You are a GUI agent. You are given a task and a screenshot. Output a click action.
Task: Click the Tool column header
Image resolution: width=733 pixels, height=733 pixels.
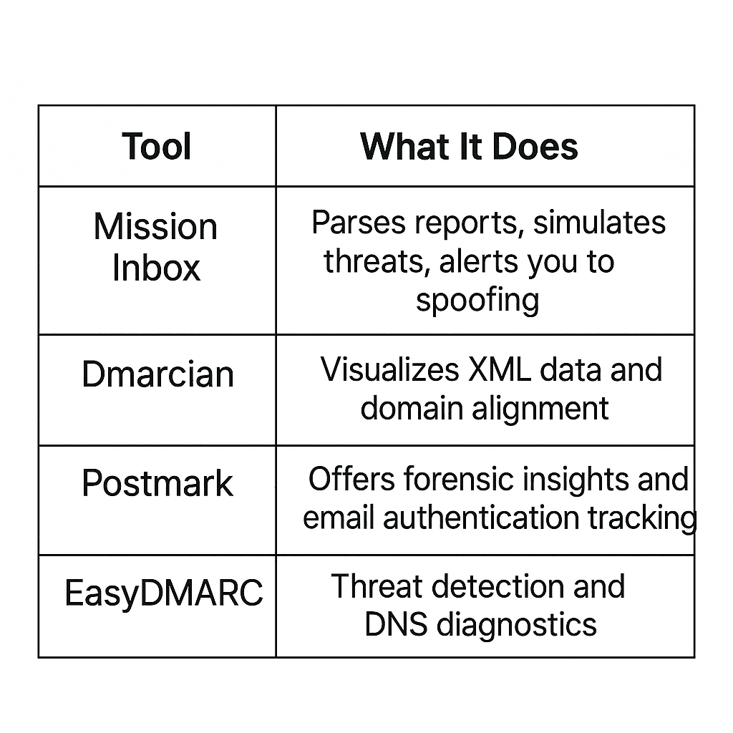tap(157, 146)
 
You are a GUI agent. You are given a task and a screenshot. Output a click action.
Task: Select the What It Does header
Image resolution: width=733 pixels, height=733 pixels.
tap(469, 146)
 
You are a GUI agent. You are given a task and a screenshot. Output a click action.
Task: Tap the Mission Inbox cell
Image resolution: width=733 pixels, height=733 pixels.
tap(155, 247)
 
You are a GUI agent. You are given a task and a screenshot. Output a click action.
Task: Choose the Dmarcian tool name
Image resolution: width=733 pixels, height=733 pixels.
tap(157, 374)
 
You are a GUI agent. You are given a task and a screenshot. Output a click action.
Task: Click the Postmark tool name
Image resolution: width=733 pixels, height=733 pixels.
tap(157, 483)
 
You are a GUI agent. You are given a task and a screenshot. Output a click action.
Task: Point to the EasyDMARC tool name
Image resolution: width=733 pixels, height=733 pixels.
tap(164, 593)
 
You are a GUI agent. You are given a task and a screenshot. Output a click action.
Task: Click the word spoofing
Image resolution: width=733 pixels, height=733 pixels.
tap(477, 301)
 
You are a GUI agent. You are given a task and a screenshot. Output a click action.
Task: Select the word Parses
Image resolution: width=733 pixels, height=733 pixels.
tap(359, 223)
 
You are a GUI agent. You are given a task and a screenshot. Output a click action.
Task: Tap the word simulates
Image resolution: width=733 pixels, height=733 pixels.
tap(599, 223)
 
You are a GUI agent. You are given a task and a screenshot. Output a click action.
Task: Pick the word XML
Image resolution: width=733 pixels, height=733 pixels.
tap(499, 369)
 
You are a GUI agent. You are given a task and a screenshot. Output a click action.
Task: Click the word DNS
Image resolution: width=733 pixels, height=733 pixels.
tap(395, 624)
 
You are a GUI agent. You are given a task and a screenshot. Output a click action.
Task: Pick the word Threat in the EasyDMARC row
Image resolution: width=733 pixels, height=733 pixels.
tap(377, 586)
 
